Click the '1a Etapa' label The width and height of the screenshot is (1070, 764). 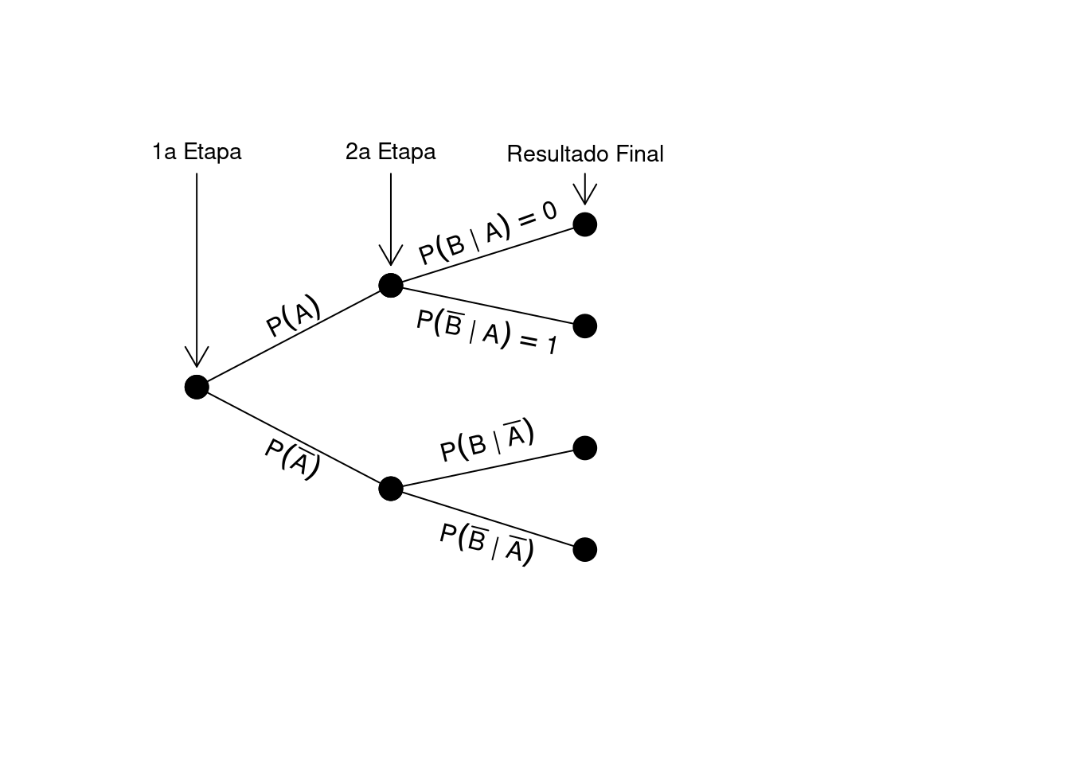pyautogui.click(x=197, y=151)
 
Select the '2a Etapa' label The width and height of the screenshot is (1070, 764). pyautogui.click(x=390, y=151)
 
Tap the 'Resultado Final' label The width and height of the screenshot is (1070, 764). pyautogui.click(x=584, y=154)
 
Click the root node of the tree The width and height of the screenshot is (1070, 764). pyautogui.click(x=197, y=387)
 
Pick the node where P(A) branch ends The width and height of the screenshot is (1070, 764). pyautogui.click(x=390, y=284)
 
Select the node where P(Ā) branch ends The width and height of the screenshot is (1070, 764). pyautogui.click(x=390, y=488)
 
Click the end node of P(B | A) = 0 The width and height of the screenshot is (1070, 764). pyautogui.click(x=584, y=224)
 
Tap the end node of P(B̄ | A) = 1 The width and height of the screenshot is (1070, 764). pyautogui.click(x=584, y=325)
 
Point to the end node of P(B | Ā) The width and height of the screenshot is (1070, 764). pyautogui.click(x=584, y=448)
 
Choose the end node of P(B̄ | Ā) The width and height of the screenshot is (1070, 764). pyautogui.click(x=584, y=549)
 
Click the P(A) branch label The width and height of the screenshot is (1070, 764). pyautogui.click(x=293, y=317)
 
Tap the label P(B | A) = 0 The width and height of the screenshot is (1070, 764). pyautogui.click(x=487, y=232)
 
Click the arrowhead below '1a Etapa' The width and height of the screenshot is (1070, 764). pyautogui.click(x=197, y=357)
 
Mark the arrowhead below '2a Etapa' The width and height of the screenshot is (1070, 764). pyautogui.click(x=390, y=255)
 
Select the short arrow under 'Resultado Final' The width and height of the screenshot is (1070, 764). pyautogui.click(x=584, y=189)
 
